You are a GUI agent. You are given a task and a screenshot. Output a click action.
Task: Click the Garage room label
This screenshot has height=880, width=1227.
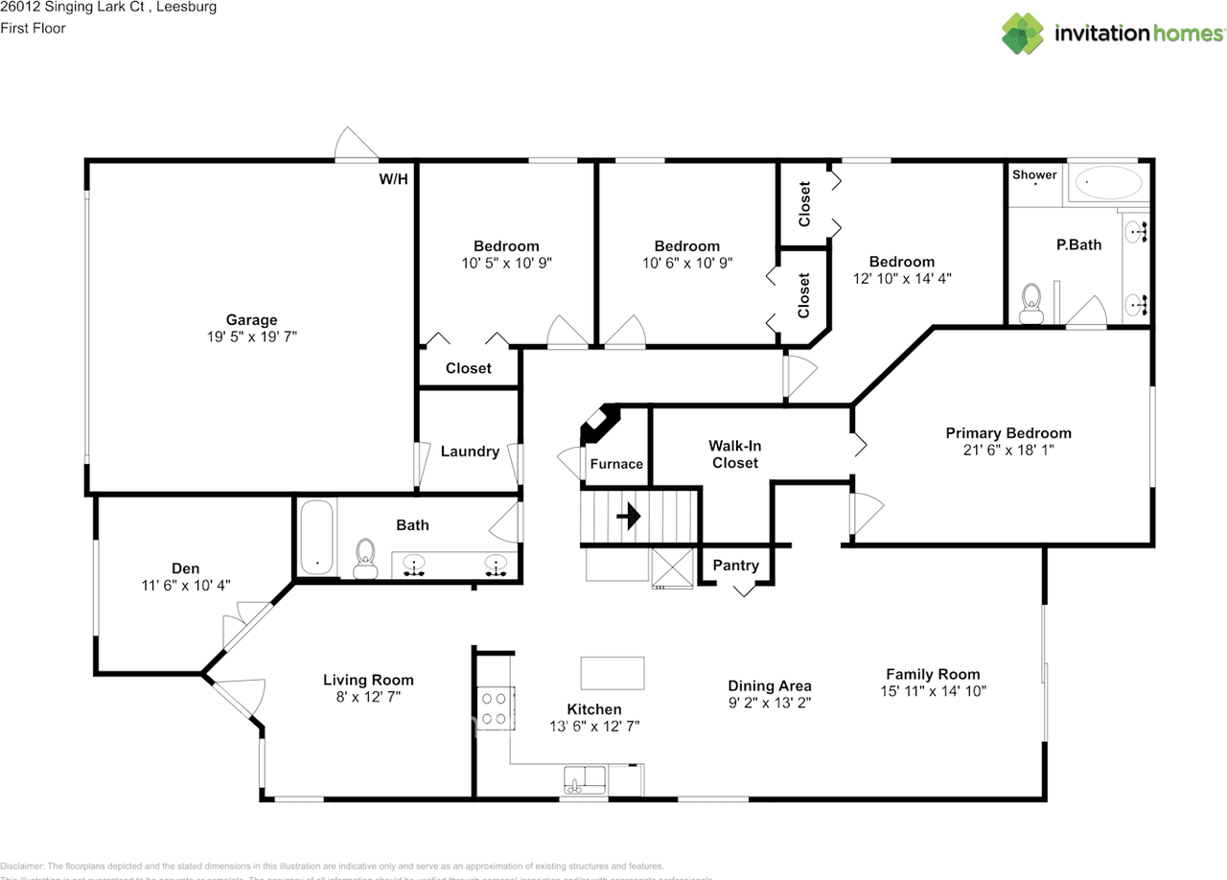click(x=251, y=320)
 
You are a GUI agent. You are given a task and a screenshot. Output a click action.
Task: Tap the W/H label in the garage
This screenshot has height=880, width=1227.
click(x=393, y=178)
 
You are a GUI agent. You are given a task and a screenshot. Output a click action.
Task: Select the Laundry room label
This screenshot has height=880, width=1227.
click(x=470, y=452)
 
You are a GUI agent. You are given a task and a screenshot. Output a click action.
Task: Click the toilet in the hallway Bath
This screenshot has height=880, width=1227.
click(x=365, y=558)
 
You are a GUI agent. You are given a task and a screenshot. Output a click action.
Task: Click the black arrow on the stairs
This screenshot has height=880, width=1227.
click(x=629, y=519)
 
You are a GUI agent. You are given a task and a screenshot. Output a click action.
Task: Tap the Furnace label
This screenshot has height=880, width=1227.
click(x=616, y=464)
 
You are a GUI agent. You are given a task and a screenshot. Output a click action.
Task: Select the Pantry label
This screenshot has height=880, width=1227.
click(x=735, y=566)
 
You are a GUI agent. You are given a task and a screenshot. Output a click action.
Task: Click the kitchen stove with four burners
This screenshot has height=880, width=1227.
click(x=495, y=708)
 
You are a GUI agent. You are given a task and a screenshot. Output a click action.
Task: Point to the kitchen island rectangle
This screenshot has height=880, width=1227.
click(x=613, y=673)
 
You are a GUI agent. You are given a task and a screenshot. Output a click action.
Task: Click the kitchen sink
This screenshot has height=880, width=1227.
click(x=584, y=779)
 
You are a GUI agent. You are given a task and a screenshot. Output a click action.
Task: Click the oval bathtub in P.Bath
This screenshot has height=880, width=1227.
click(x=1107, y=182)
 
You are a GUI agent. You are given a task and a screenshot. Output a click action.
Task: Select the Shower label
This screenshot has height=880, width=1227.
click(x=1034, y=174)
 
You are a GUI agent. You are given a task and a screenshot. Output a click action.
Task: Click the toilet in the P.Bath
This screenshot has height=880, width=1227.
click(x=1031, y=302)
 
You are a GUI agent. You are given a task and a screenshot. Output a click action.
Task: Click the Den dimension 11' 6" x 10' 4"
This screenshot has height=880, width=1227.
click(x=186, y=585)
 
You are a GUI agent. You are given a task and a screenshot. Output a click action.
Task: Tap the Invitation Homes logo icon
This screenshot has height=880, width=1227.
click(x=1023, y=34)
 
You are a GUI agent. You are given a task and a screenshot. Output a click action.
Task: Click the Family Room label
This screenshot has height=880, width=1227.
click(x=932, y=674)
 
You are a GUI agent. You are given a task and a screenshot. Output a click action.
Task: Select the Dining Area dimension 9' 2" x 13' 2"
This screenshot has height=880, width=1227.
click(x=770, y=702)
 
